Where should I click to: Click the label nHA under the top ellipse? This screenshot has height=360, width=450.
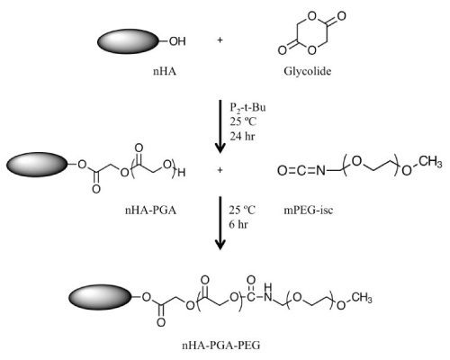pos(165,71)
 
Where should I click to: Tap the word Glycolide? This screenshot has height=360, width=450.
pos(308,71)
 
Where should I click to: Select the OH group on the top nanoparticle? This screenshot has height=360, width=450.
pos(177,41)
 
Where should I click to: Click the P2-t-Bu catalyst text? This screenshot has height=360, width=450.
pos(247,108)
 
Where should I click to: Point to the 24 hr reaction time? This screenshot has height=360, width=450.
pos(242,137)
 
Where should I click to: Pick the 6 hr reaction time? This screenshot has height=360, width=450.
pos(238,224)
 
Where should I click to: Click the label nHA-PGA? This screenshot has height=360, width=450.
pos(150,211)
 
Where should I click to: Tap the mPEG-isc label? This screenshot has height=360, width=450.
pos(309,211)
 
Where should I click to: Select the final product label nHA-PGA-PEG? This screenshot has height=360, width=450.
pos(221,346)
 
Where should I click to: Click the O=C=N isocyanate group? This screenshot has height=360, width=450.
pos(301,171)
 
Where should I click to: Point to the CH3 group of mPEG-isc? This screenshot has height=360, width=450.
pos(430,162)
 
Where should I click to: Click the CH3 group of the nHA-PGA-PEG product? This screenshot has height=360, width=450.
pos(362,298)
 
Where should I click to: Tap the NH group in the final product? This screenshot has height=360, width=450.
pos(268,292)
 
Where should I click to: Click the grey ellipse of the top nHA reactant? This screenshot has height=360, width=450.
pos(128,41)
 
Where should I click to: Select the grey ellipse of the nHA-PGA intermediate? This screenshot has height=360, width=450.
pos(37,165)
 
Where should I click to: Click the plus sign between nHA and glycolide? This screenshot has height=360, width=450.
pos(220,40)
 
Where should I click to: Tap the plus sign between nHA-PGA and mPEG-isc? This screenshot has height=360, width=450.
pos(220,170)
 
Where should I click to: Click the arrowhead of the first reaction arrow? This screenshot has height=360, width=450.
pos(220,148)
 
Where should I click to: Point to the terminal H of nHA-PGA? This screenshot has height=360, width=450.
pos(182,173)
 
